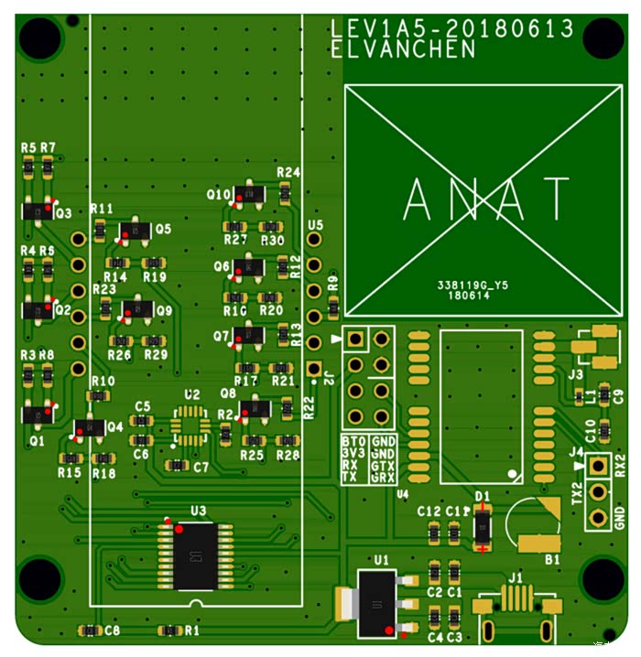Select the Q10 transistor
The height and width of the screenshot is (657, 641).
[x=249, y=194]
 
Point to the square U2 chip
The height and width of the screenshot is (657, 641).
[x=190, y=426]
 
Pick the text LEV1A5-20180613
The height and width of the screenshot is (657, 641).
[x=451, y=29]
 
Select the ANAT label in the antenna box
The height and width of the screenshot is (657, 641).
[x=487, y=199]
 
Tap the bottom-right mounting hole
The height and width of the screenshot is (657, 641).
[x=603, y=578]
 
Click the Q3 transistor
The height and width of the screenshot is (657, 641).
[x=38, y=211]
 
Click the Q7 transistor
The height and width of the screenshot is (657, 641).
[x=249, y=336]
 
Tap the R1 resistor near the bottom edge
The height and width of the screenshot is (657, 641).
[x=169, y=630]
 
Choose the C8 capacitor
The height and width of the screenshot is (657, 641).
[x=90, y=630]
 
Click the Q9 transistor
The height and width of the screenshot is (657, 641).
[x=138, y=309]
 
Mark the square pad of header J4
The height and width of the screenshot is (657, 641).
[x=599, y=465]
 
